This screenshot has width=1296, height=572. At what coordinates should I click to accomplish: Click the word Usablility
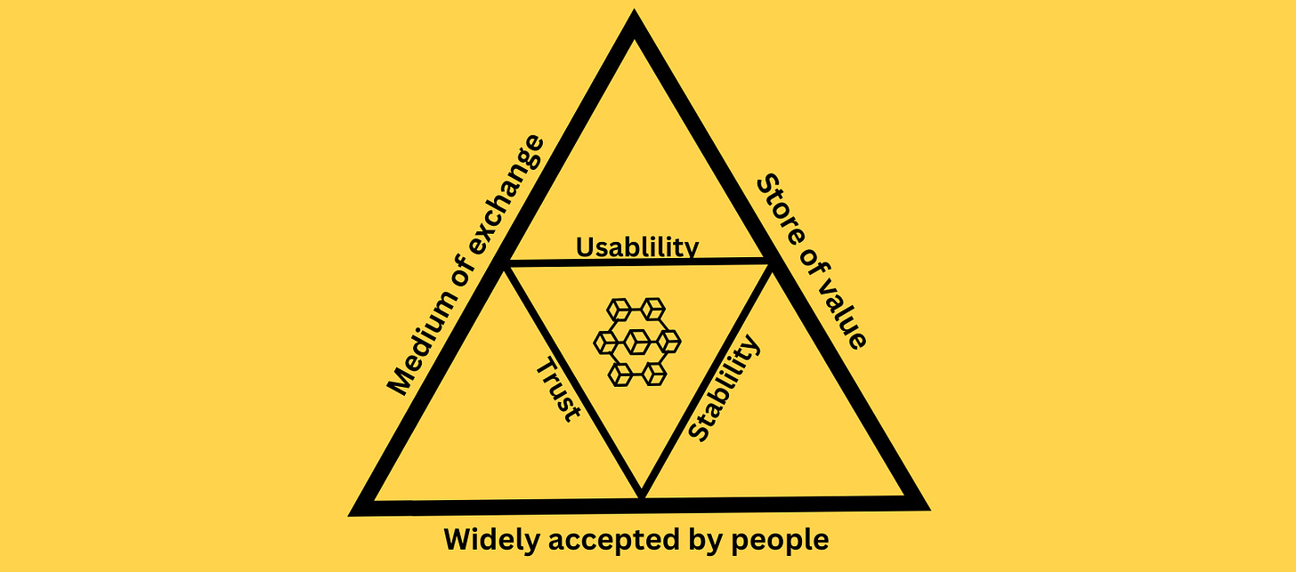(636, 246)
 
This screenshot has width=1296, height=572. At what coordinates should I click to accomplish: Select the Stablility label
(726, 388)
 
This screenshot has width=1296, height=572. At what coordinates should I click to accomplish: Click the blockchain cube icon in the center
(636, 342)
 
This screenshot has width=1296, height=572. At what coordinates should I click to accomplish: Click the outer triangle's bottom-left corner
(356, 510)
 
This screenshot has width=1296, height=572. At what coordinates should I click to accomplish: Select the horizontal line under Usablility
(636, 262)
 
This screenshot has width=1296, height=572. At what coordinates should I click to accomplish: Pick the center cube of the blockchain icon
(637, 340)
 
